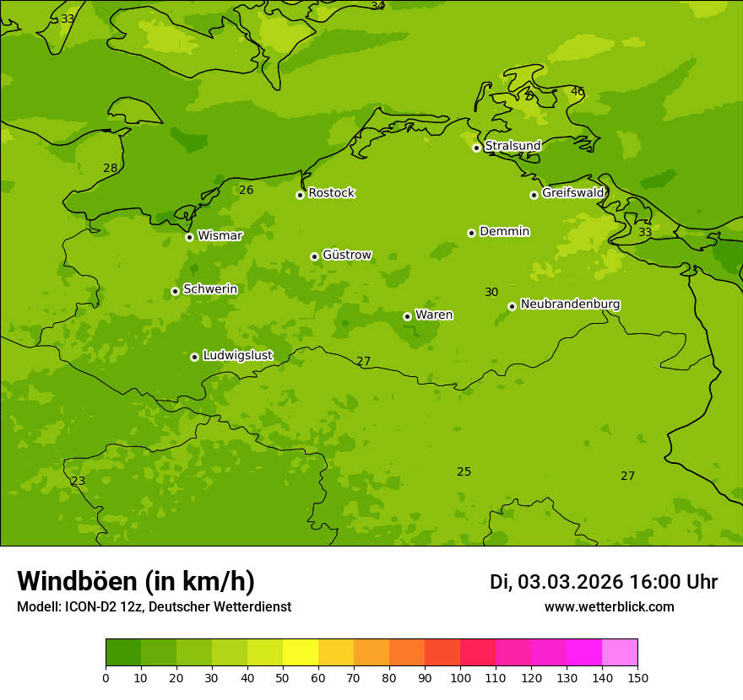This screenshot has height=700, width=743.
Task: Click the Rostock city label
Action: pos(331,193)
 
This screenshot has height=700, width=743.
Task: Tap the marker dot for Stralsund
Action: pos(476,148)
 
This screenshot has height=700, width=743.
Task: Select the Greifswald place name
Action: pos(572,193)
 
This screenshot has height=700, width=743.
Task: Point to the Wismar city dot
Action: pos(189,237)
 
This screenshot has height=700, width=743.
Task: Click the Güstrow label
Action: pos(346,255)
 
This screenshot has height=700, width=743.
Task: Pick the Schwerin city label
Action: pos(209,289)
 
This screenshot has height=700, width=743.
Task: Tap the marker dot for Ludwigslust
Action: pos(194,357)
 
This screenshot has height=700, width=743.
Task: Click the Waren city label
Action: pos(433,315)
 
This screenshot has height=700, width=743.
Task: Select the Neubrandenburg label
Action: pos(570,304)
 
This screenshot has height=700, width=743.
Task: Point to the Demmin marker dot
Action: pos(471,233)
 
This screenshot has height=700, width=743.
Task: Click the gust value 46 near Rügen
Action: pos(578,91)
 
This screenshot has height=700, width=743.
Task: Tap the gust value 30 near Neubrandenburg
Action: pos(491,293)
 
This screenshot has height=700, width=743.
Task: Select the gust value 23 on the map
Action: pos(78,482)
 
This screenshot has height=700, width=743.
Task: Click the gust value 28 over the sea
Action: pos(111,169)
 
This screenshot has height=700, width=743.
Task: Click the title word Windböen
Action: pos(76,581)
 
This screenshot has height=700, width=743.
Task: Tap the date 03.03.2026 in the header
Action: pos(570,582)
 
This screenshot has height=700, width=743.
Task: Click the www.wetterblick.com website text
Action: pos(609,607)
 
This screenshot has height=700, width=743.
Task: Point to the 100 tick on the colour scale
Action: pos(460,677)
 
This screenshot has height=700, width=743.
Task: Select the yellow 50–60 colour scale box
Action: pos(301,653)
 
